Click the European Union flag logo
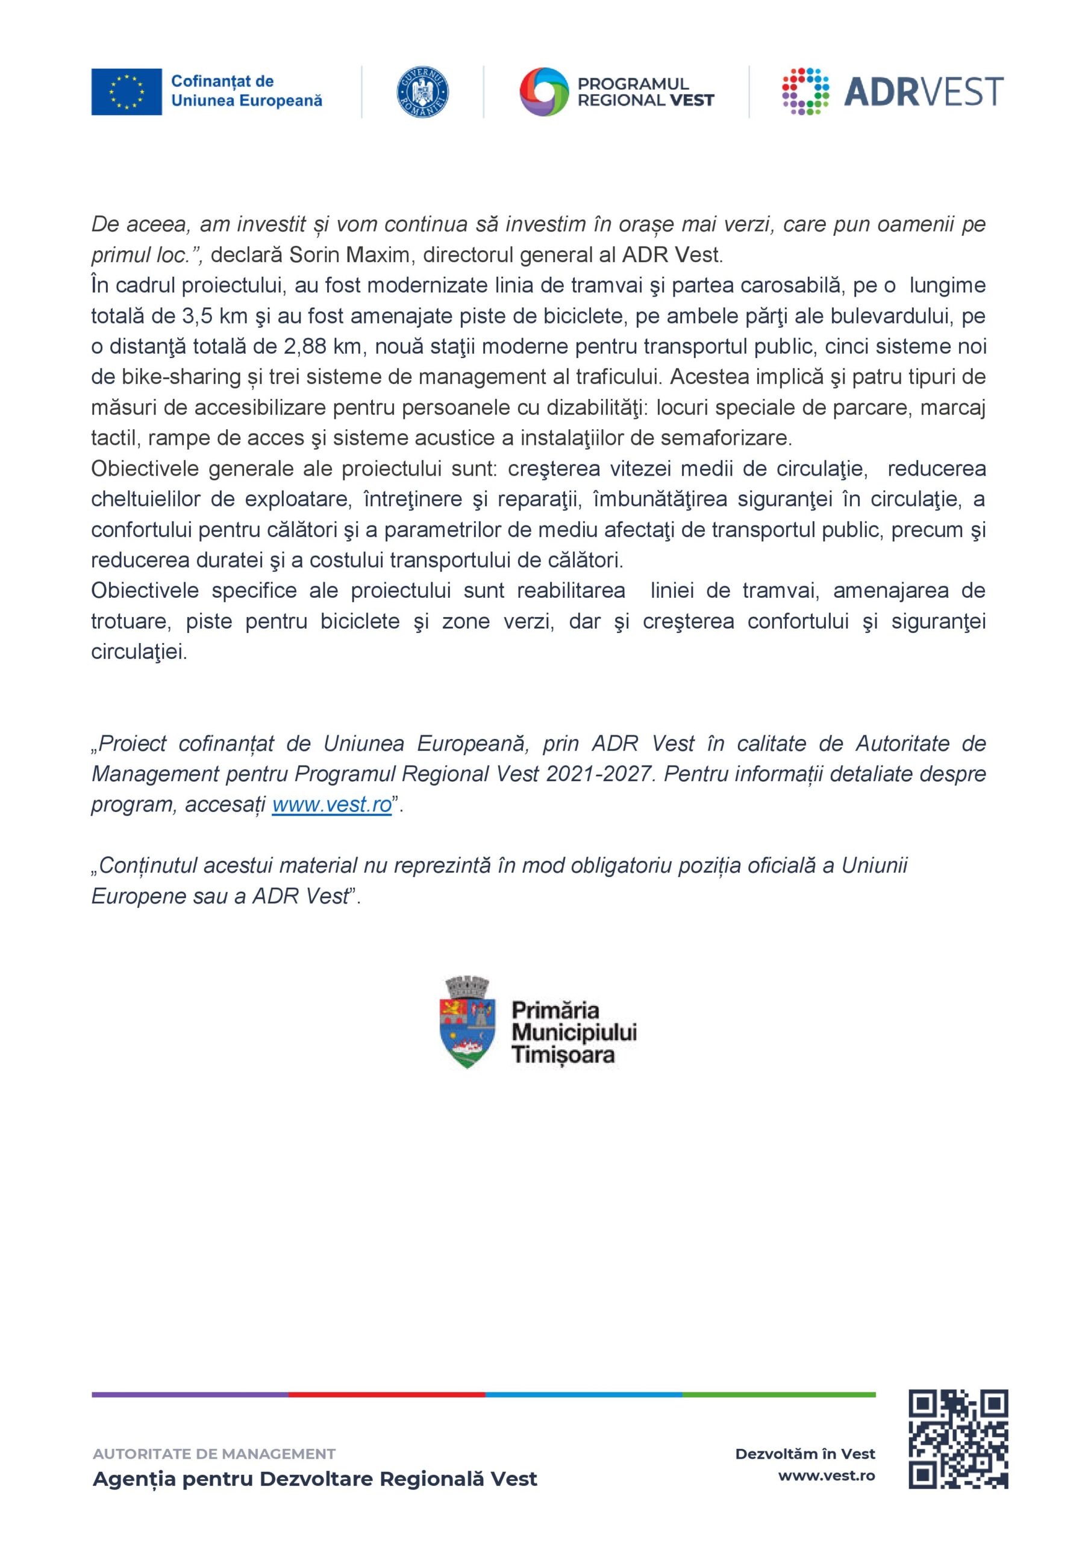pyautogui.click(x=127, y=92)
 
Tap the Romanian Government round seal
pyautogui.click(x=424, y=92)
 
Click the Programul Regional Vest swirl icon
pyautogui.click(x=543, y=92)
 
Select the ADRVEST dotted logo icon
pyautogui.click(x=806, y=92)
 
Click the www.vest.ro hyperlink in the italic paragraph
pyautogui.click(x=332, y=805)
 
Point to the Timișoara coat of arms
pyautogui.click(x=468, y=1025)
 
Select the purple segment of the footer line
pyautogui.click(x=190, y=1395)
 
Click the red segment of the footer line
pyautogui.click(x=387, y=1395)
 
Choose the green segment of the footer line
pyautogui.click(x=780, y=1395)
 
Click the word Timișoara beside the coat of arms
pyautogui.click(x=563, y=1054)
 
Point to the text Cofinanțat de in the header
pyautogui.click(x=222, y=81)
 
